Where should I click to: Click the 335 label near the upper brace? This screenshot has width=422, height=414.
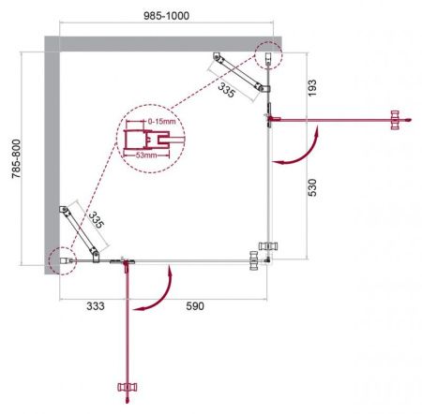tap(225, 90)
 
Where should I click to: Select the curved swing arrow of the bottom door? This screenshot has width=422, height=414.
tap(156, 292)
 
